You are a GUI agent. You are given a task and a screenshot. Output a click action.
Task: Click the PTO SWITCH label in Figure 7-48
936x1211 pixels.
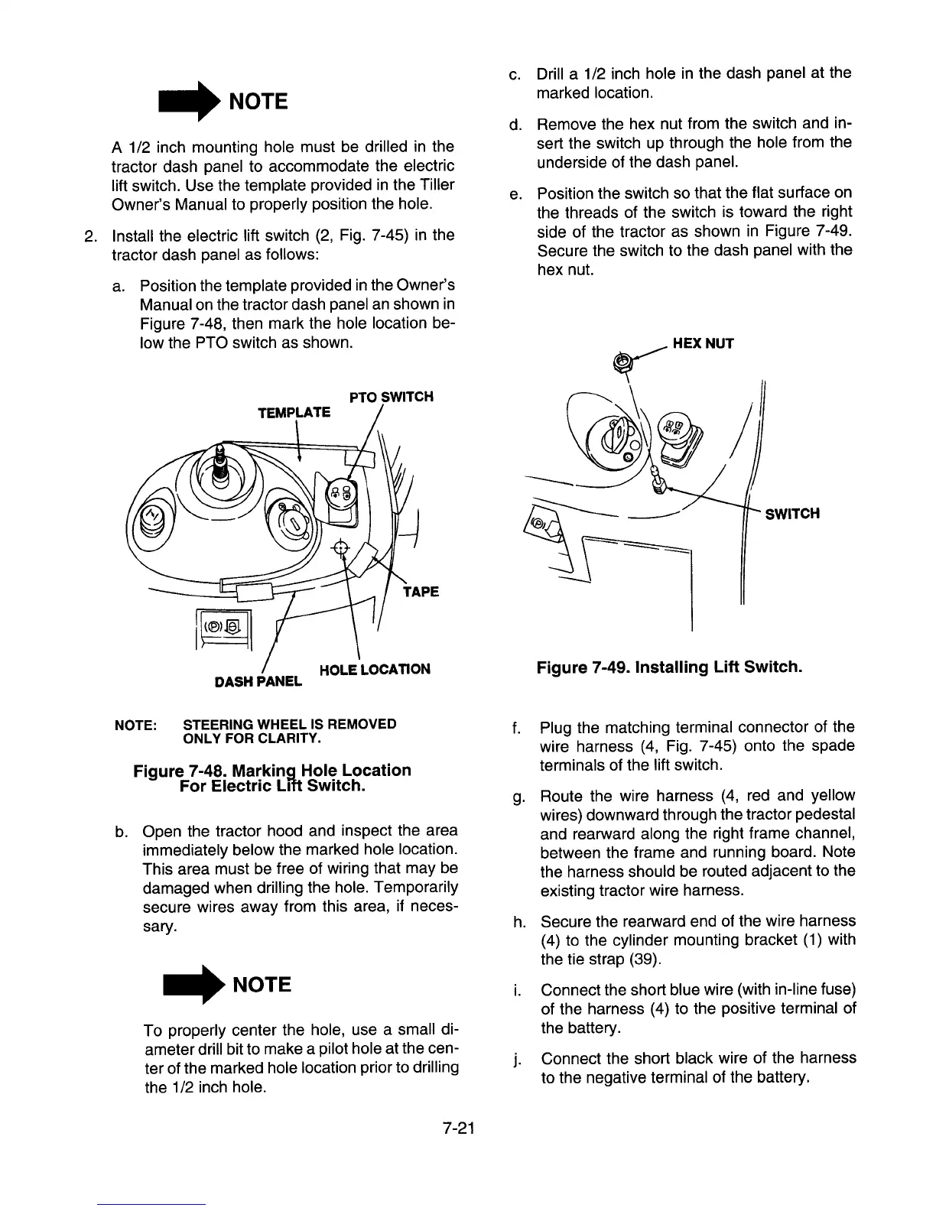point(391,397)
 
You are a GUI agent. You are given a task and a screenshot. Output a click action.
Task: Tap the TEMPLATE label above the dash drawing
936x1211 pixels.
point(294,413)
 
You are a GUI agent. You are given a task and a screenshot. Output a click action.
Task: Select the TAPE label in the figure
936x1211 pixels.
point(420,592)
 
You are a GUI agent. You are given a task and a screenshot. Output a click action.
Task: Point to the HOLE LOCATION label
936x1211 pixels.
point(374,670)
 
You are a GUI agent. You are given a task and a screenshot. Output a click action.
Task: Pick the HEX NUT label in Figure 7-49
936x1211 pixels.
point(703,343)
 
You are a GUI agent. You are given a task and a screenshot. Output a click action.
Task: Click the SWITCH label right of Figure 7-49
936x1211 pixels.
point(792,513)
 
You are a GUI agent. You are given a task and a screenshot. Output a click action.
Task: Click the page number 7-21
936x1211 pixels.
point(459,1128)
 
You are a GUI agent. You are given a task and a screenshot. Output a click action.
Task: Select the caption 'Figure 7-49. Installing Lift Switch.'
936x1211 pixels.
point(669,667)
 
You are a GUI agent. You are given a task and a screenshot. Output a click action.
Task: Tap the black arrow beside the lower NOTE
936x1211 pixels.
point(191,985)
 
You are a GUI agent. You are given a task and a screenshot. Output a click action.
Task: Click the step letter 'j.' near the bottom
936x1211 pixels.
point(518,1060)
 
